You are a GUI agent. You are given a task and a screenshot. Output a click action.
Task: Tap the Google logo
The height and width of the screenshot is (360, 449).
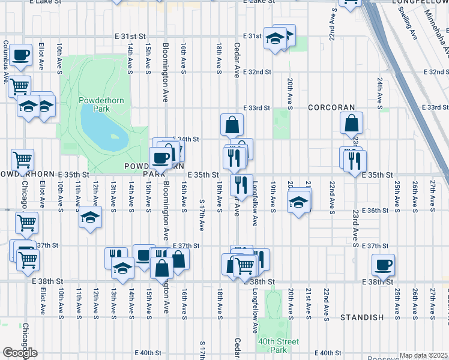pyautogui.click(x=20, y=353)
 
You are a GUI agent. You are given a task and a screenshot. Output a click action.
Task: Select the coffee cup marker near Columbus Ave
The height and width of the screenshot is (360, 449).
pyautogui.click(x=20, y=55)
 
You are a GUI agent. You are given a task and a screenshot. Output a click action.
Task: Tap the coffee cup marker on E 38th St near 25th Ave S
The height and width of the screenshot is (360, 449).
pyautogui.click(x=382, y=264)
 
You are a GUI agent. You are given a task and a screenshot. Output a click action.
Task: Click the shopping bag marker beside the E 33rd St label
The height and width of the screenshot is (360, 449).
pyautogui.click(x=232, y=125)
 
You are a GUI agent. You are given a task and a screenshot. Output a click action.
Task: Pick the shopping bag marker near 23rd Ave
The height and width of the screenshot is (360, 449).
pyautogui.click(x=351, y=122)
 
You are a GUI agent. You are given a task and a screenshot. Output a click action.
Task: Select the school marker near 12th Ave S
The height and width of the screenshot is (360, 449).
pyautogui.click(x=89, y=217)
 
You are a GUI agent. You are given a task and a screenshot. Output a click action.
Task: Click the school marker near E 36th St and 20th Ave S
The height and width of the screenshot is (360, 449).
pyautogui.click(x=298, y=202)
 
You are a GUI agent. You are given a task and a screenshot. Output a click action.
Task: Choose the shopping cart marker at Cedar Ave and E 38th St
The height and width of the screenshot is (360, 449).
pyautogui.click(x=244, y=265)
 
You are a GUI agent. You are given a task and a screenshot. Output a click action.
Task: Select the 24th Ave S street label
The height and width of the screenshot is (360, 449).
pyautogui.click(x=380, y=94)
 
